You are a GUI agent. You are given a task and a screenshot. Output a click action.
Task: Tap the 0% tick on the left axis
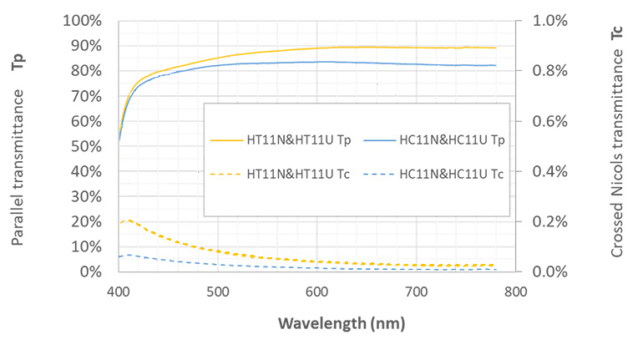click(93, 272)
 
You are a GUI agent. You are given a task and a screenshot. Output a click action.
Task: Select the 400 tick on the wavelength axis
click(119, 292)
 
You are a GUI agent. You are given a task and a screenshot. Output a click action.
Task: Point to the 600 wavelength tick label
click(316, 292)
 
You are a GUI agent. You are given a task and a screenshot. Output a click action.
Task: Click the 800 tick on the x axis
click(515, 292)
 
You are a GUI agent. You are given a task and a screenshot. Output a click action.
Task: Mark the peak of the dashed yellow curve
click(128, 221)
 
